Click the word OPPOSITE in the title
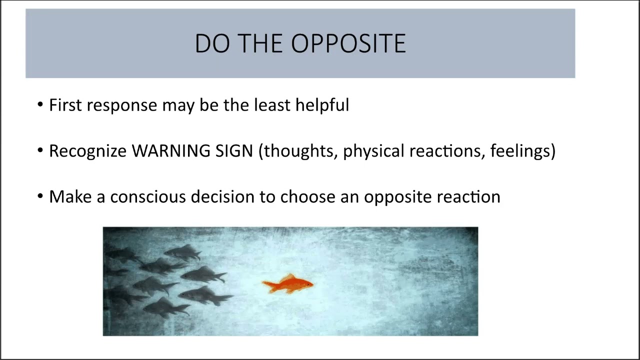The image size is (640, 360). pyautogui.click(x=348, y=44)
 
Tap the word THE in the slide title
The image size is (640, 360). pyautogui.click(x=261, y=44)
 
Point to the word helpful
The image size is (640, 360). pyautogui.click(x=322, y=105)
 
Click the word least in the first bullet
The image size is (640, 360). pyautogui.click(x=272, y=105)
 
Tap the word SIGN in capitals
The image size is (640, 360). pyautogui.click(x=234, y=151)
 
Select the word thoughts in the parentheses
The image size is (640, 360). pyautogui.click(x=300, y=151)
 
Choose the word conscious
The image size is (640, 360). pyautogui.click(x=148, y=197)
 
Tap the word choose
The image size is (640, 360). pyautogui.click(x=307, y=197)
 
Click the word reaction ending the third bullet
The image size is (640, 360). pyautogui.click(x=468, y=197)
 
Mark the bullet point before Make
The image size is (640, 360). pyautogui.click(x=40, y=197)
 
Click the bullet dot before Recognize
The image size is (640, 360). pyautogui.click(x=40, y=151)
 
